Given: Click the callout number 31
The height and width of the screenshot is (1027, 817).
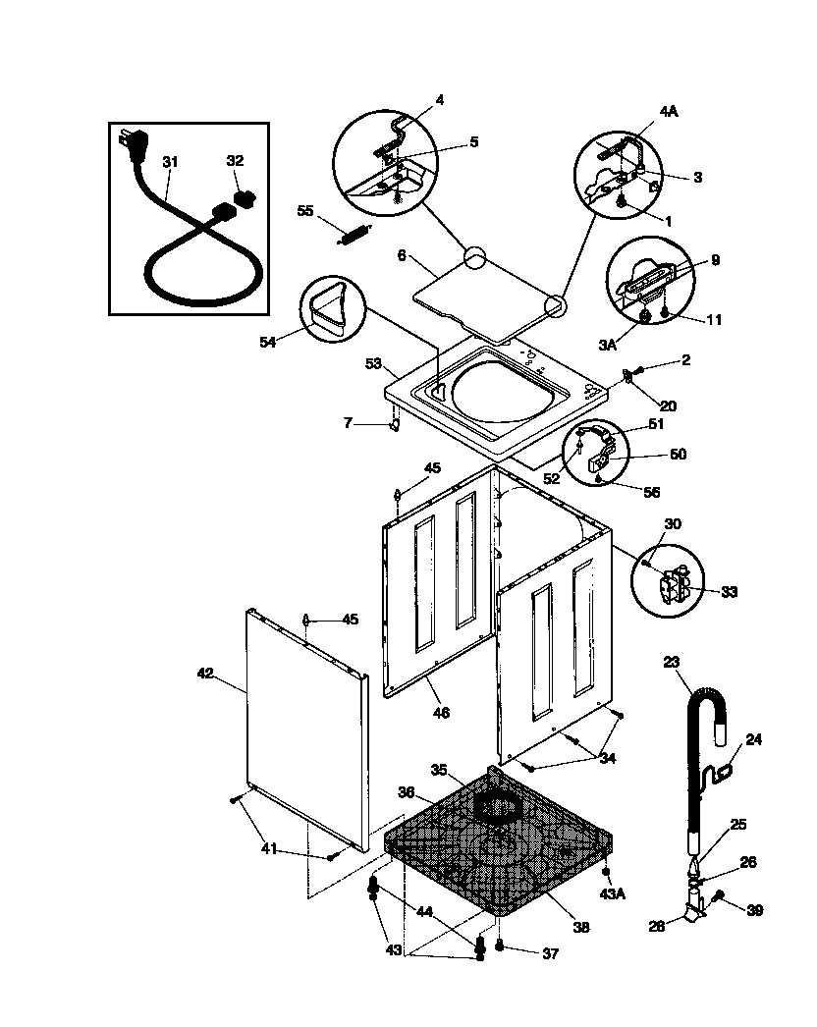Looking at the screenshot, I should (x=170, y=162).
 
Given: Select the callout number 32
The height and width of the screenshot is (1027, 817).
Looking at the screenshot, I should (x=235, y=161).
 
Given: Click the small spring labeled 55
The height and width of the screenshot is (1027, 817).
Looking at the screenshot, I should (x=352, y=237).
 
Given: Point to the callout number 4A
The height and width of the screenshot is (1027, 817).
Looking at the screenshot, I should (x=669, y=113).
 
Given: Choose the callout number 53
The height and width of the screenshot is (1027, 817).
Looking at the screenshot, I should (x=372, y=364).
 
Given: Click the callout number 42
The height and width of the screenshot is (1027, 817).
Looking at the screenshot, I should (x=204, y=674).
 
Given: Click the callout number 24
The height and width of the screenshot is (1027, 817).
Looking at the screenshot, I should (x=754, y=739).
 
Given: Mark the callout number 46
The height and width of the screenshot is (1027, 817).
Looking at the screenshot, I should (x=441, y=713).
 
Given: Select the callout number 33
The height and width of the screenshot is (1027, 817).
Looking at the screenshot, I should (x=729, y=592).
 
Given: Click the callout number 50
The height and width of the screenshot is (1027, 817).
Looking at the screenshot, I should (x=678, y=455).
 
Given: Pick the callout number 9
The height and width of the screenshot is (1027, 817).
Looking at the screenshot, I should (x=715, y=260).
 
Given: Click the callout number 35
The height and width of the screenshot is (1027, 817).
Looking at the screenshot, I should (x=440, y=769).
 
